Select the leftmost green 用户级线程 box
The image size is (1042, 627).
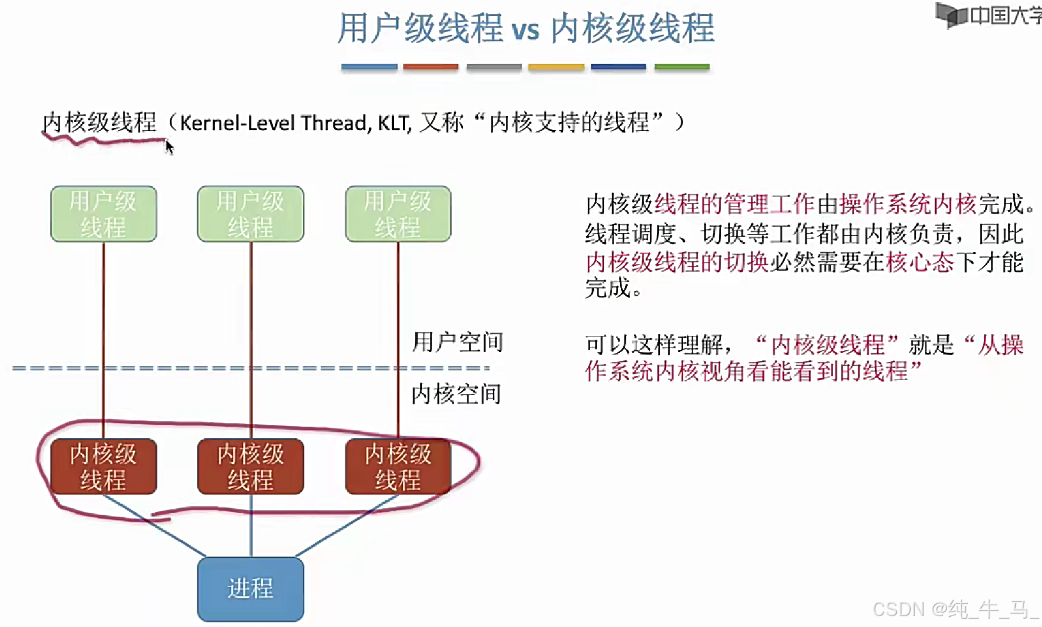pyautogui.click(x=104, y=214)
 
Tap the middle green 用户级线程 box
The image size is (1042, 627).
pyautogui.click(x=250, y=214)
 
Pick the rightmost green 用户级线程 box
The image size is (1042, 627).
pyautogui.click(x=398, y=214)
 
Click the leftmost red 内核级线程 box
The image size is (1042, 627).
pyautogui.click(x=104, y=466)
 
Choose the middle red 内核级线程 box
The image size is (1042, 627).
pyautogui.click(x=250, y=466)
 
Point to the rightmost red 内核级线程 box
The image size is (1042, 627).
pyautogui.click(x=398, y=466)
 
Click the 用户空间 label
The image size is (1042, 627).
pyautogui.click(x=457, y=342)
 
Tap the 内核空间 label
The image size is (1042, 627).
pyautogui.click(x=456, y=394)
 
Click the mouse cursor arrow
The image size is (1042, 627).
pyautogui.click(x=169, y=147)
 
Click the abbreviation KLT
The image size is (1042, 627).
pyautogui.click(x=393, y=122)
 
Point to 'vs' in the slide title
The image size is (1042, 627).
pyautogui.click(x=525, y=30)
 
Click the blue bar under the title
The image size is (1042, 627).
pyautogui.click(x=369, y=67)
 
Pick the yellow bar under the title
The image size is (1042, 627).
pyautogui.click(x=556, y=67)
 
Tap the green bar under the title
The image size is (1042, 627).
pyautogui.click(x=682, y=67)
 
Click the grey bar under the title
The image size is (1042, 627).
pyautogui.click(x=494, y=67)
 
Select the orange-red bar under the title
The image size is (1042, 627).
pyautogui.click(x=430, y=67)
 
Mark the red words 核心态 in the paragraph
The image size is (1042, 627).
pyautogui.click(x=920, y=262)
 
